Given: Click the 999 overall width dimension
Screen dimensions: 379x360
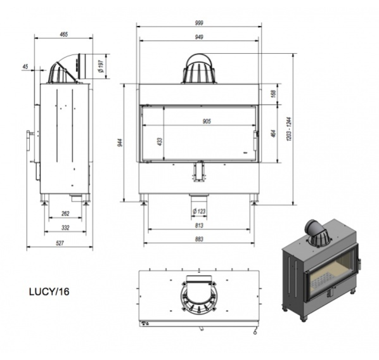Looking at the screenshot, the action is [x=199, y=23].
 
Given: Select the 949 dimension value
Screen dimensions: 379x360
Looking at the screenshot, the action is [x=199, y=37].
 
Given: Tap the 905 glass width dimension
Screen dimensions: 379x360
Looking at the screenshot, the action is [x=207, y=121].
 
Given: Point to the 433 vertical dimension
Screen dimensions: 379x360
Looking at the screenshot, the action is [x=160, y=141].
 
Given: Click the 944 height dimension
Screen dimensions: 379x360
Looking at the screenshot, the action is [x=121, y=143].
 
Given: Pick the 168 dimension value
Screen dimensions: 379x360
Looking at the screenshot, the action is [x=273, y=94].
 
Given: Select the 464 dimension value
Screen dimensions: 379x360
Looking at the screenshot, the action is [x=273, y=134].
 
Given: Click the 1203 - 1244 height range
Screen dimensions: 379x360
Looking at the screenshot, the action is [x=290, y=129].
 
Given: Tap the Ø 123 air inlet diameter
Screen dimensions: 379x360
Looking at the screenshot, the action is [x=199, y=211].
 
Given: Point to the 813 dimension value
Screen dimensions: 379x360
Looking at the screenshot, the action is [x=199, y=226].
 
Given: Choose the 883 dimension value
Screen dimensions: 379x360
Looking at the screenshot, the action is [x=199, y=239].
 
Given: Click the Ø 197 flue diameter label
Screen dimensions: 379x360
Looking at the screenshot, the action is [x=101, y=67].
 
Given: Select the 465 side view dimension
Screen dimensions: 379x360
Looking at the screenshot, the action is [x=64, y=35].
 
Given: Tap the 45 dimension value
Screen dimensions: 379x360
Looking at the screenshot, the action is [x=25, y=67].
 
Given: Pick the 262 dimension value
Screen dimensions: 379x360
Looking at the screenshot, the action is [x=65, y=214].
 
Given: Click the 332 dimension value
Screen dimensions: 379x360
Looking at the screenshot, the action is [x=65, y=228].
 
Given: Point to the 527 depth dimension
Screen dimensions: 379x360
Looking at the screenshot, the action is [x=60, y=243].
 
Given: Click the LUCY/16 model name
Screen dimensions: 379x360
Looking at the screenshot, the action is [x=49, y=292].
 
